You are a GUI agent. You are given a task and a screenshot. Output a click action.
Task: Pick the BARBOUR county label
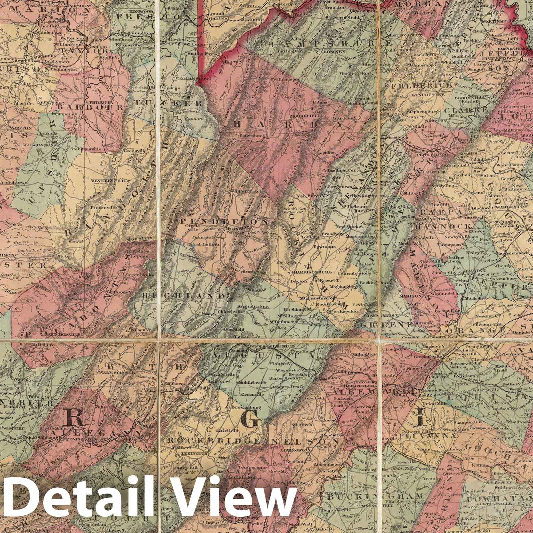click(91, 107)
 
